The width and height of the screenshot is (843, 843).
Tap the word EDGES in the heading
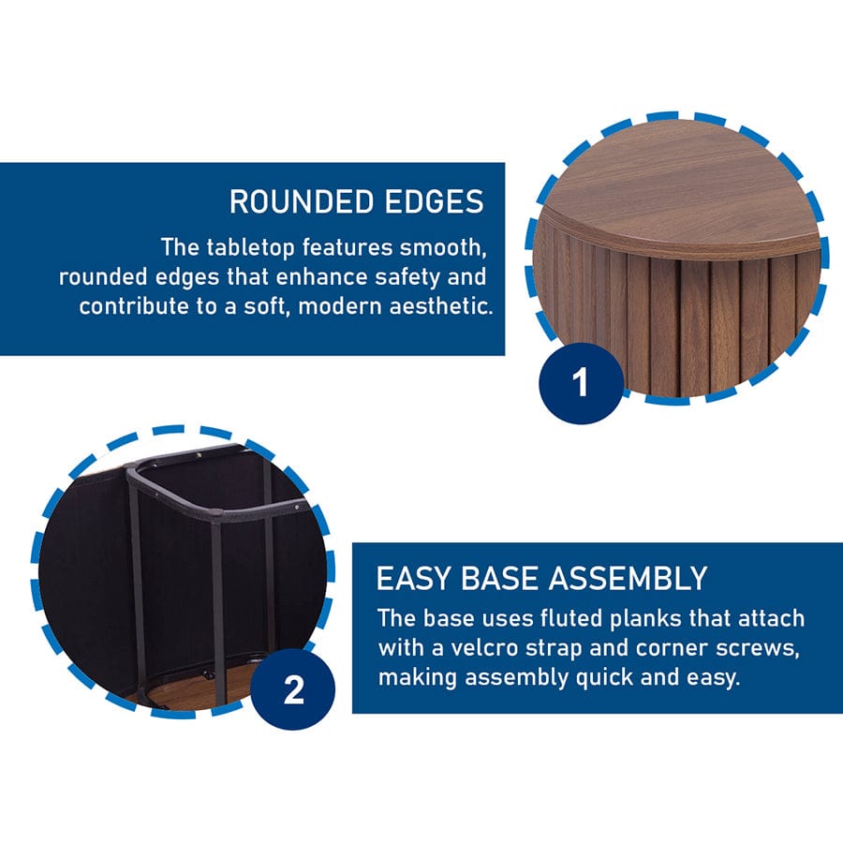point(435,201)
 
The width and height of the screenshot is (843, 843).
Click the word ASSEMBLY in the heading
point(628,579)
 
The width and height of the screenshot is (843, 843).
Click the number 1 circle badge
point(581,383)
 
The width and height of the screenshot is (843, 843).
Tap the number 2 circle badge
point(293,688)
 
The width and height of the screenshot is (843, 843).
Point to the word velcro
point(484,648)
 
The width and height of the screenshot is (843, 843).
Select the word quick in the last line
point(604,678)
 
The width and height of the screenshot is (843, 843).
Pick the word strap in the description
point(554,649)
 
